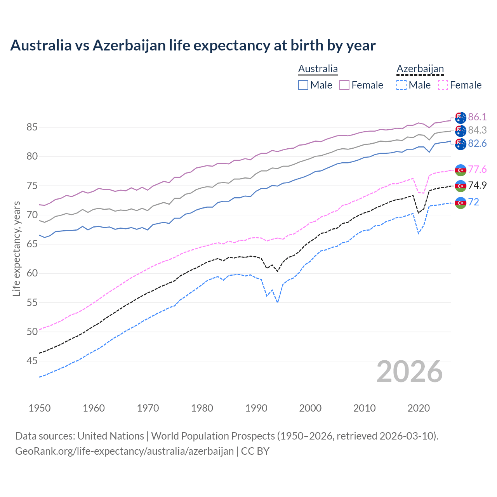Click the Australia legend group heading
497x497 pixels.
(318, 69)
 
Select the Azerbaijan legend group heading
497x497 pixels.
(420, 69)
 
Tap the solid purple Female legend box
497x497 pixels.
(344, 85)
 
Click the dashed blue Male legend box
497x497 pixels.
(401, 85)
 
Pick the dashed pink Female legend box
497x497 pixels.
(443, 85)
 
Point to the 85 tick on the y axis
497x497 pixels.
(32, 127)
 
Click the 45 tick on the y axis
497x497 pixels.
(32, 361)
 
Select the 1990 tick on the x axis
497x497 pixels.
(256, 408)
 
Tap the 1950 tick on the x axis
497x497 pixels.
(40, 408)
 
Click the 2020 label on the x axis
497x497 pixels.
(419, 408)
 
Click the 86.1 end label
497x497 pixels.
(477, 117)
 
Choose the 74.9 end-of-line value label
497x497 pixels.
(477, 185)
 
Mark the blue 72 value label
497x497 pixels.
(474, 202)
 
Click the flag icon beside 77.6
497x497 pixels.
(461, 170)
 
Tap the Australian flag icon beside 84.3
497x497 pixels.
(461, 130)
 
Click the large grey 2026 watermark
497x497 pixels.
(410, 372)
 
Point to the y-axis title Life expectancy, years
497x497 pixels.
(16, 248)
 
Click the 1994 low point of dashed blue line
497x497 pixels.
(277, 302)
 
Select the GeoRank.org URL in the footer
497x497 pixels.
(124, 451)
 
